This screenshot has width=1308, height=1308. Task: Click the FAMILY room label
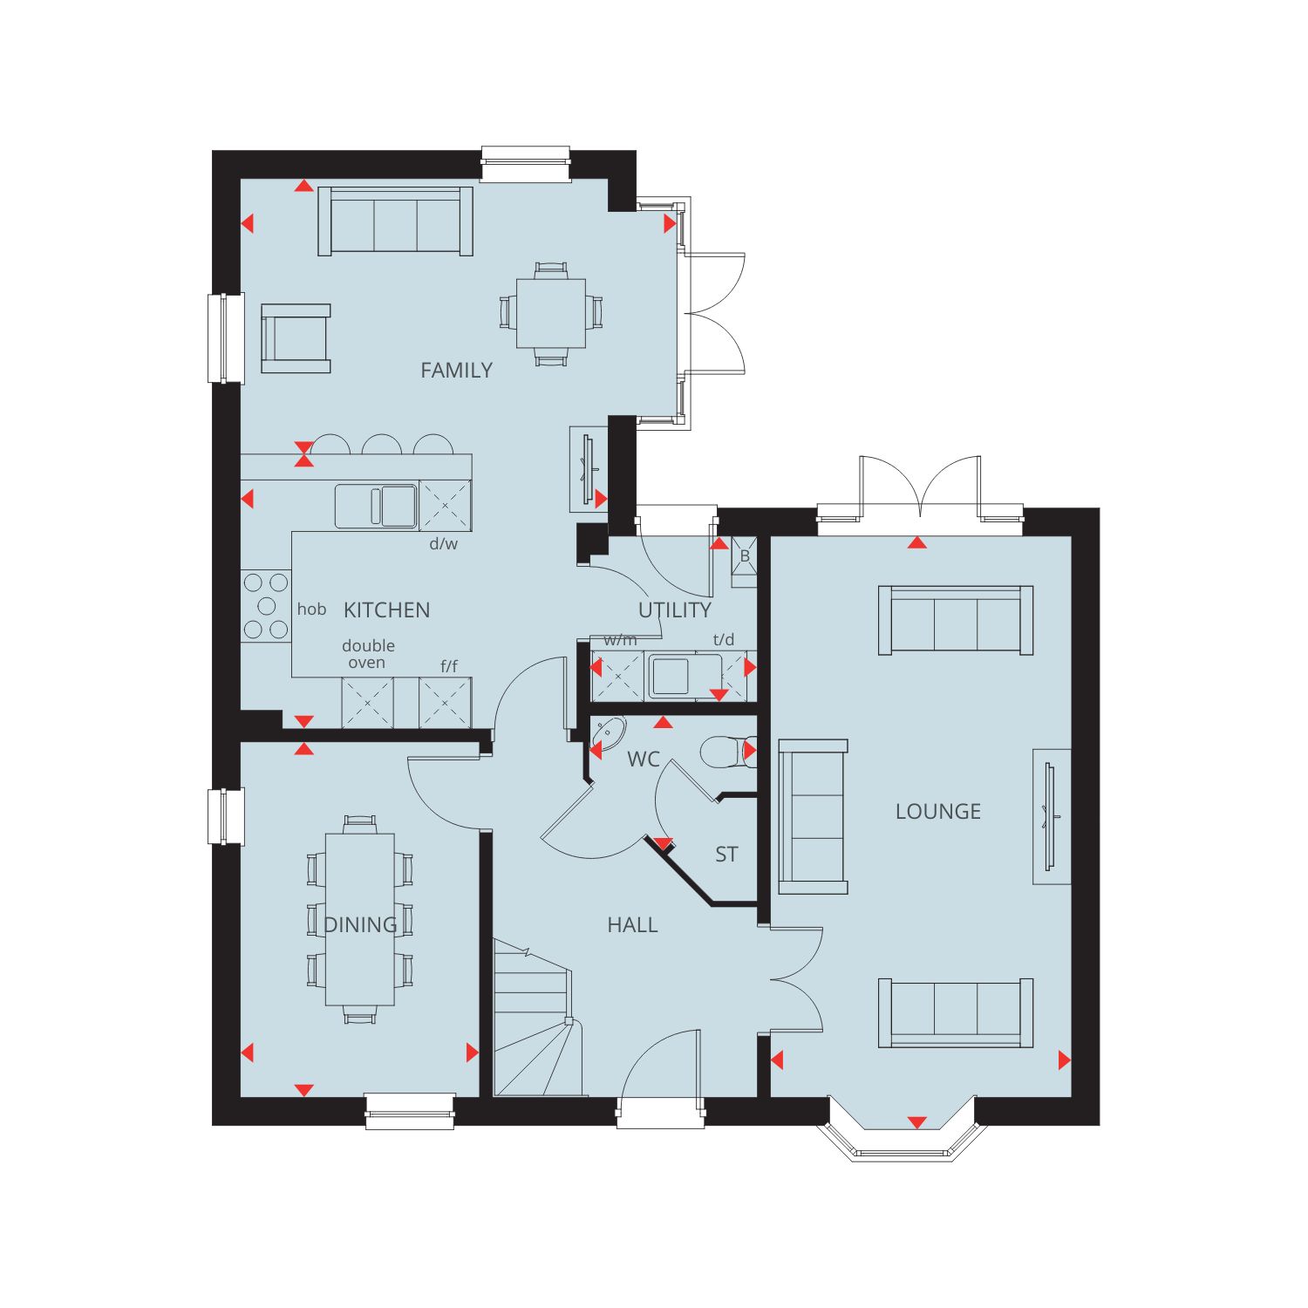coord(456,371)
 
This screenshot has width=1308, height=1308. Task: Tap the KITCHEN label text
coord(386,610)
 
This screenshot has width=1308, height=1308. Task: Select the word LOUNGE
coord(938,812)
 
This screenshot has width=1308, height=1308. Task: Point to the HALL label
coord(632,925)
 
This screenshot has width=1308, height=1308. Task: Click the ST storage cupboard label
coord(726,855)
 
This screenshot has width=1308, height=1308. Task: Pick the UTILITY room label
coord(674,610)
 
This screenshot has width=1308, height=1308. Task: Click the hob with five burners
coord(266,606)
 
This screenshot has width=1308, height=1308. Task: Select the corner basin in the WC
coord(607,735)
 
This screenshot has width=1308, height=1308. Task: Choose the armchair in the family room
coord(296,338)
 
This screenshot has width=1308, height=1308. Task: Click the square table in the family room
coord(551,313)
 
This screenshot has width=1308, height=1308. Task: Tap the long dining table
coord(360,919)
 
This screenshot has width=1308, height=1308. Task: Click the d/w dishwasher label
coord(444,544)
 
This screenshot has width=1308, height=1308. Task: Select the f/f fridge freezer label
coord(448,667)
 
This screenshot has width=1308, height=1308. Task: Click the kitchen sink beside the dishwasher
coord(376,507)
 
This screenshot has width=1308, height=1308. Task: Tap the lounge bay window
coord(903,1142)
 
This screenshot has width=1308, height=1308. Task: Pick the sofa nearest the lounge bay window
coord(956,1012)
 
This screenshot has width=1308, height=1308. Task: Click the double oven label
coord(368,654)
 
